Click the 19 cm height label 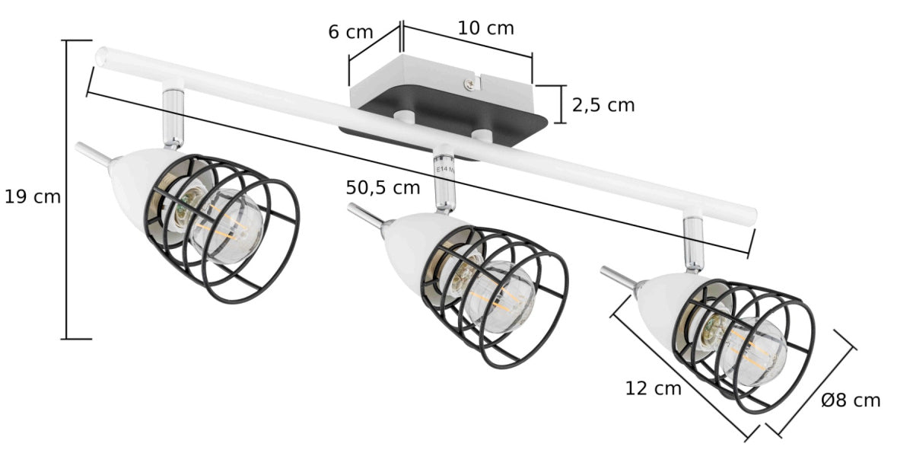tap(32, 196)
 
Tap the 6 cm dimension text tap(351, 32)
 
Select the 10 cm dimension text tap(485, 28)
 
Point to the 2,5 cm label tap(603, 105)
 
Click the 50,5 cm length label tap(383, 187)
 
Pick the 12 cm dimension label tap(653, 388)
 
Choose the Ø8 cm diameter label tap(851, 400)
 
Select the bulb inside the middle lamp tap(498, 297)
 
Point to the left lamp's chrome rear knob tap(90, 153)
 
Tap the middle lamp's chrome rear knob tap(364, 215)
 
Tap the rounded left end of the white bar tap(102, 57)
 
